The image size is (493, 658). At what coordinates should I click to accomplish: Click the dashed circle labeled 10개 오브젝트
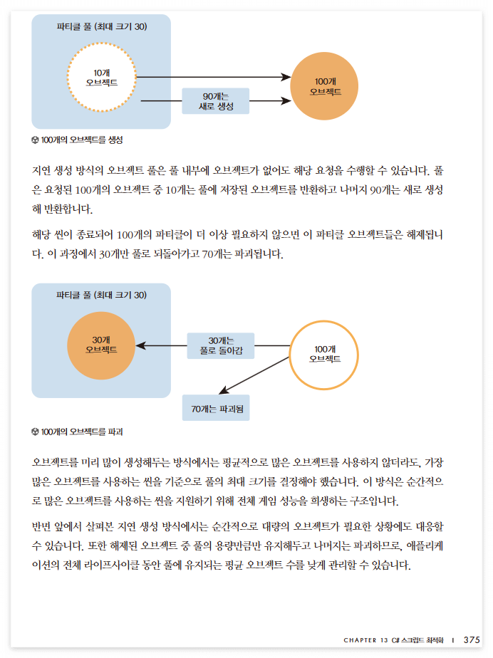[101, 78]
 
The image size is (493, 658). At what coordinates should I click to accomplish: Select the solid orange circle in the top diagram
[325, 87]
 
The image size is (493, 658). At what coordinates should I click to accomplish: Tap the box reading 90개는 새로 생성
[215, 101]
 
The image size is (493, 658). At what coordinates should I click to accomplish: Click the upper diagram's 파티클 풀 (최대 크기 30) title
[101, 26]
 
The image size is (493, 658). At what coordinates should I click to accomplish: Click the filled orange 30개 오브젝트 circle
[101, 345]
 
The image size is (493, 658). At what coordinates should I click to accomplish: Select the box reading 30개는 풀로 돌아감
[221, 345]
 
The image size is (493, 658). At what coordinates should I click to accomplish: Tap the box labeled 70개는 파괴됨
[216, 409]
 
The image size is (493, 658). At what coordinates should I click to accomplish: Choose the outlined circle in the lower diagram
[325, 354]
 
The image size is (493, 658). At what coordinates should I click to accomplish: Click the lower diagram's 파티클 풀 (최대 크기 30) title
[101, 295]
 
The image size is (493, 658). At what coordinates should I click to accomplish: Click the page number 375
[472, 639]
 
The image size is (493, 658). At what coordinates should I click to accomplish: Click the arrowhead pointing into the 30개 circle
[140, 345]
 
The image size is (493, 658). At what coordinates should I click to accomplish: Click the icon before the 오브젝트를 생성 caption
[36, 140]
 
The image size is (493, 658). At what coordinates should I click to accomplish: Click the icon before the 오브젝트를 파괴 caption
[36, 432]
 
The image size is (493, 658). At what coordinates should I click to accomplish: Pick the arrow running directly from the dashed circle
[214, 76]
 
